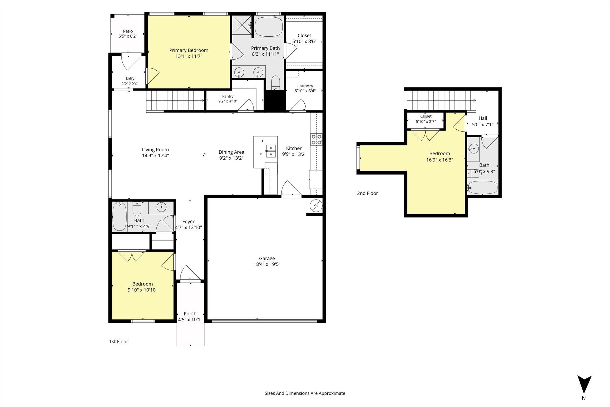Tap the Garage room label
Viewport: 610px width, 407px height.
pos(267,259)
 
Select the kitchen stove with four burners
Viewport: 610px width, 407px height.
pos(316,139)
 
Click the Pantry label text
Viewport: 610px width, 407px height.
pos(228,96)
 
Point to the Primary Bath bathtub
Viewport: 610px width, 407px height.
pos(267,27)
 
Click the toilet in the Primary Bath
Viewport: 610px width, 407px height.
pos(276,82)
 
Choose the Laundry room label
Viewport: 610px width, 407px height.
pos(305,86)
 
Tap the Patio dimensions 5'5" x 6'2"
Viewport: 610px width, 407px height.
pos(128,36)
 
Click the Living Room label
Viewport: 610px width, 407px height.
pos(155,150)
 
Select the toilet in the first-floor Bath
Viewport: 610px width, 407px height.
pos(137,209)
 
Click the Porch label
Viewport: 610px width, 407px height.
pos(190,313)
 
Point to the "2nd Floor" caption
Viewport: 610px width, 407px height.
pos(368,193)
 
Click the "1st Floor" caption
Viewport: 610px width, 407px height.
pos(119,341)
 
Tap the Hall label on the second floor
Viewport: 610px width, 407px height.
pos(483,118)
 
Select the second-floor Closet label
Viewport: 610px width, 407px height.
pos(426,116)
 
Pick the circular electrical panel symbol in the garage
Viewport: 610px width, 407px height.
pos(316,206)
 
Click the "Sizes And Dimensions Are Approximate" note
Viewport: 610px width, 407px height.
pos(305,393)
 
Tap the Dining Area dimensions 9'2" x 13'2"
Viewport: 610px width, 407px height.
pos(231,158)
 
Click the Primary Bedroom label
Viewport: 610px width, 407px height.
pos(189,50)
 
